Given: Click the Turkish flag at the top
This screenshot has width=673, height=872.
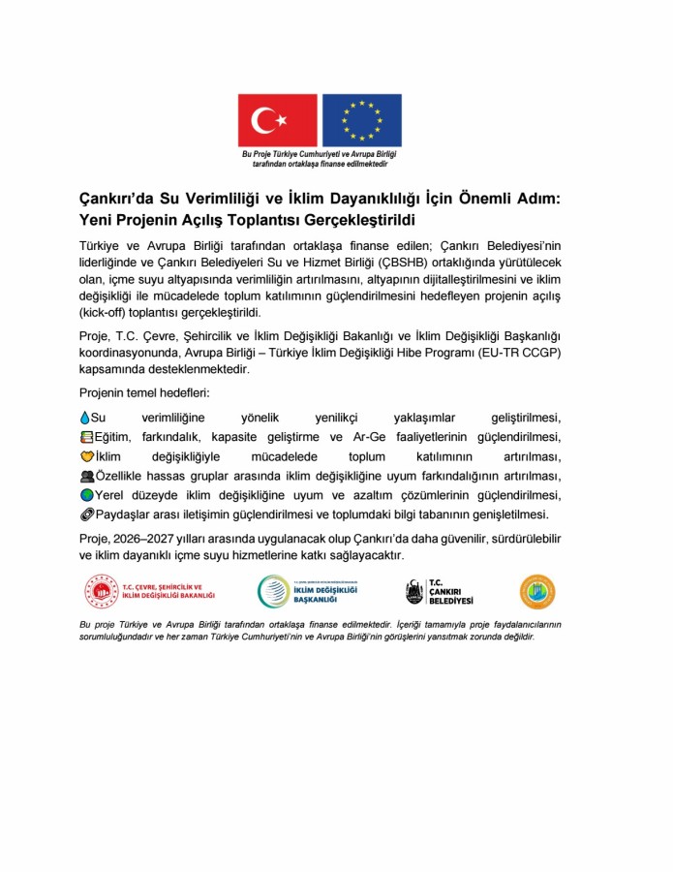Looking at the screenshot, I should pos(278,120).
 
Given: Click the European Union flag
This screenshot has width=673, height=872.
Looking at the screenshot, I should pos(361,120).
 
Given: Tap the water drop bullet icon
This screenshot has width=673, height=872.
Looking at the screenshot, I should pos(83,418).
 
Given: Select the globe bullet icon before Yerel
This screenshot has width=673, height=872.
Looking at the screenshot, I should pos(85,495).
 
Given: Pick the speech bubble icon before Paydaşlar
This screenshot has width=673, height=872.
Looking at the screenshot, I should pos(85,514).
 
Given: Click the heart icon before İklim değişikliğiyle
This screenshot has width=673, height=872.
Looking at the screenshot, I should pos(85,456).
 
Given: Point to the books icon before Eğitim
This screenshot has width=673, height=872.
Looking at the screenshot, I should pos(85,437).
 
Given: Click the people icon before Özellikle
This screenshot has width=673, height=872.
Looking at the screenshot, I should pos(85,476).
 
